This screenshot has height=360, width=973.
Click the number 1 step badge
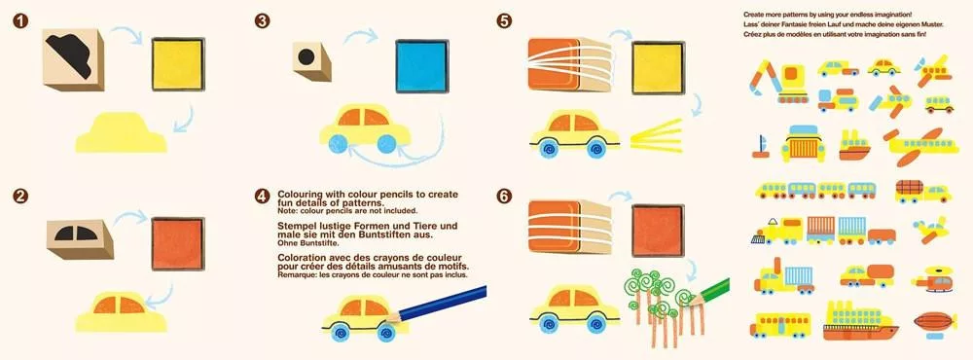20,21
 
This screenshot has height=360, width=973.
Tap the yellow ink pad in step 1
178,64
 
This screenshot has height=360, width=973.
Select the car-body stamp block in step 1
73,59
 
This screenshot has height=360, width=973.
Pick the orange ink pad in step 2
178,243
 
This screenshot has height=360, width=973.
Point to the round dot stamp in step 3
311,61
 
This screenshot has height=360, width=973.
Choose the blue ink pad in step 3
422,66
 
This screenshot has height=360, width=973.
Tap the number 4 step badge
263,197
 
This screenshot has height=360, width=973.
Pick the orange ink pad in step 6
659,231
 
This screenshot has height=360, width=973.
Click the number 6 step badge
504,197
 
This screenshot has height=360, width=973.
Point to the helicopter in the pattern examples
931,279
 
